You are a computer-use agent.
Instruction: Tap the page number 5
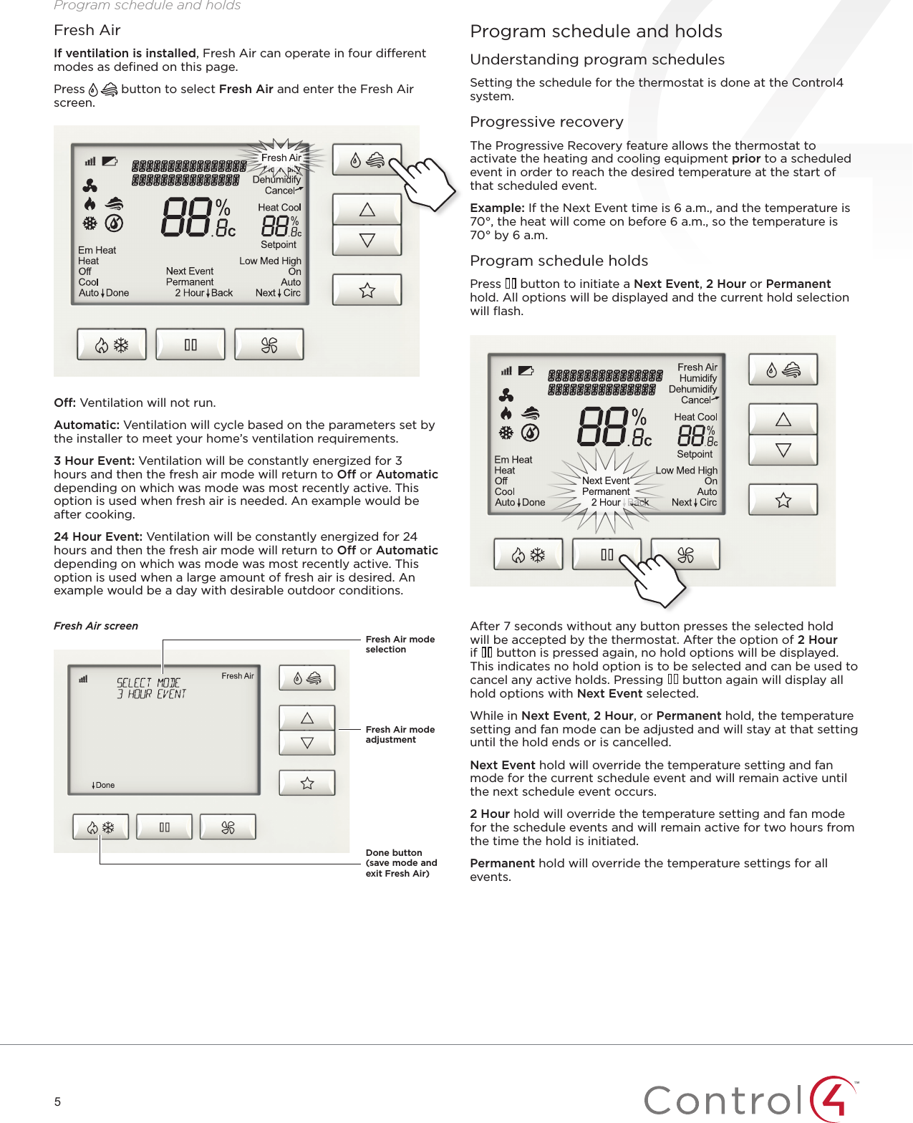[57, 1102]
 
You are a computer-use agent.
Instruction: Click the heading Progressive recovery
[546, 122]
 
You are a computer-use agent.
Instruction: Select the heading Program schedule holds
[559, 261]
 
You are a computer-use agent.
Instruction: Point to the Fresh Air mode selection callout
[400, 644]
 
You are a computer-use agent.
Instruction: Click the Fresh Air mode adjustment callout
[400, 734]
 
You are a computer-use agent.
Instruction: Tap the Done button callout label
[400, 862]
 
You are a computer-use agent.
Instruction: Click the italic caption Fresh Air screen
[96, 625]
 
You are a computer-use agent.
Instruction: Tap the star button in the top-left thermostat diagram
[367, 290]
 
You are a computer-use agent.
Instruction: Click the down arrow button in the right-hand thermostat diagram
[783, 450]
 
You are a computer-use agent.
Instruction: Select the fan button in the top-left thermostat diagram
[269, 345]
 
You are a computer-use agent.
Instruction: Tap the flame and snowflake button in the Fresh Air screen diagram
[100, 827]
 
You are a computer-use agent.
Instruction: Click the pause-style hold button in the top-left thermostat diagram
[190, 345]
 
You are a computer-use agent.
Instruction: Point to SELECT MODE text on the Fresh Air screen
[148, 683]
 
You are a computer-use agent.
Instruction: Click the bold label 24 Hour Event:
[98, 536]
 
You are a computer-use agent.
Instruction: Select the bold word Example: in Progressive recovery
[497, 208]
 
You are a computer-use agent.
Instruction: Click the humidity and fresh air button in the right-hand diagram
[783, 370]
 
